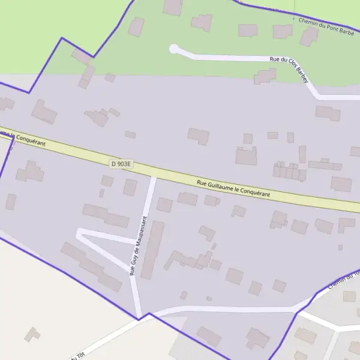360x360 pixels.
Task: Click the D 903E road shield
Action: pos(121,163)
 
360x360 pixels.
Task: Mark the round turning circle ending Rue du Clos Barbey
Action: pos(174,49)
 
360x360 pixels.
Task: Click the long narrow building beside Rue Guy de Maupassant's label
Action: pos(152,250)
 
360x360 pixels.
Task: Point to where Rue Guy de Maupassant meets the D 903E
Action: pos(153,175)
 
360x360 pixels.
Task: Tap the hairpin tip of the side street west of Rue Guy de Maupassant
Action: pos(79,233)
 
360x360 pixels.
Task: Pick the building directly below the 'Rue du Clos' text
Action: pos(264,76)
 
